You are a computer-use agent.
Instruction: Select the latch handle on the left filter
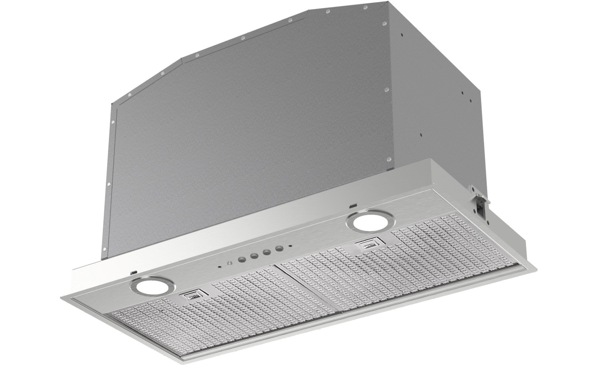[x=192, y=295]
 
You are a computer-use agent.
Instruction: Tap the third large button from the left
[x=267, y=252]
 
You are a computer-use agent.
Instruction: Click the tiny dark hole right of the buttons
[x=291, y=247]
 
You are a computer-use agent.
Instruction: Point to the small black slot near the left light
[x=134, y=272]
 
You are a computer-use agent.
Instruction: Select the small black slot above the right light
[x=353, y=206]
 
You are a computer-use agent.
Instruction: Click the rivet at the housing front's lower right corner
[x=388, y=158]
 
